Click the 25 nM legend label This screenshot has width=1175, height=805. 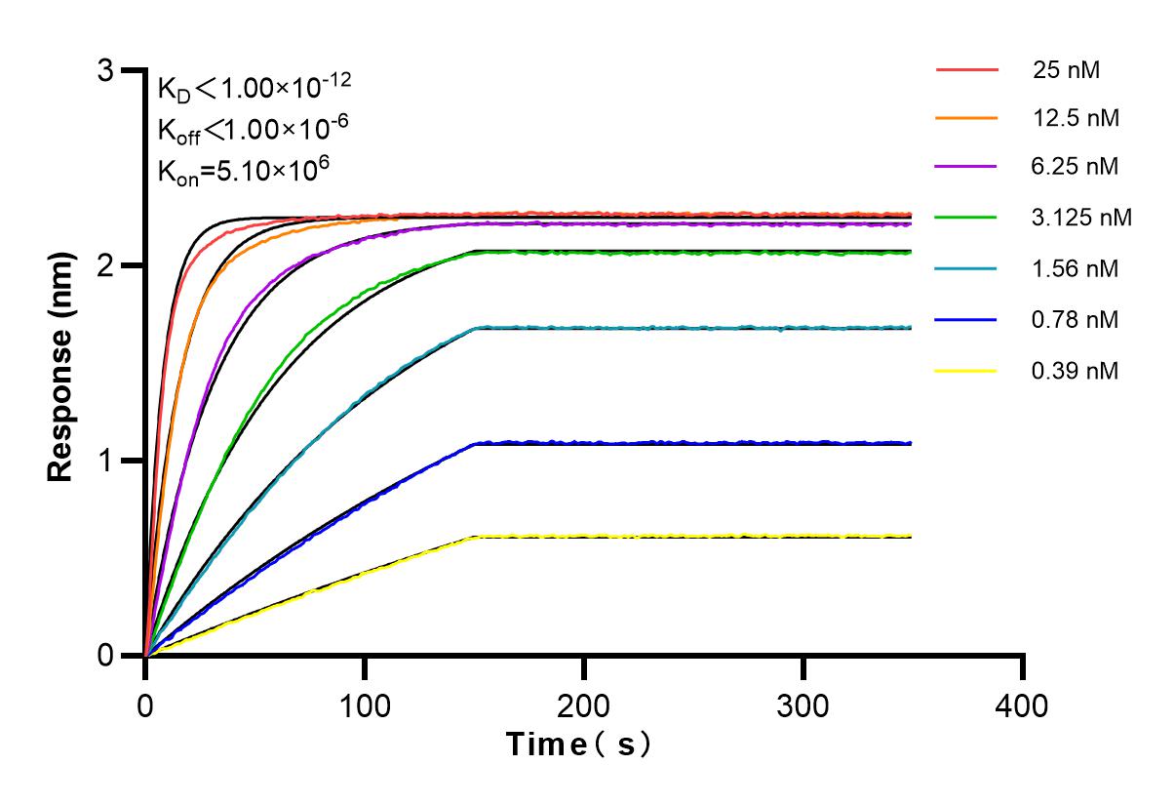[1071, 69]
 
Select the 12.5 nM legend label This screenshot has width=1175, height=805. [1077, 119]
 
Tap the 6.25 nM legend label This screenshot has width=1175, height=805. [1077, 167]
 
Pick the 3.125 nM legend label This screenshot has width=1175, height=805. [1082, 218]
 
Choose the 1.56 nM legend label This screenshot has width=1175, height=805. [1077, 269]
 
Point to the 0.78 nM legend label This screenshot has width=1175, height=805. [1077, 320]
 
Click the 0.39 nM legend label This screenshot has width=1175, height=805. [1077, 371]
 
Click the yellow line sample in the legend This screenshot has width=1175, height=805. [966, 371]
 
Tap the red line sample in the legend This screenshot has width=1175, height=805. [966, 70]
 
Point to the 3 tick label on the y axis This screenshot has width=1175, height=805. [106, 71]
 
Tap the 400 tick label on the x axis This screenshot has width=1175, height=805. [1023, 704]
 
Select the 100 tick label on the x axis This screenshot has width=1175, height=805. [365, 704]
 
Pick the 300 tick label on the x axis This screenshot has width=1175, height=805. [803, 704]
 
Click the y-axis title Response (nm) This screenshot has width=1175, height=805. [62, 363]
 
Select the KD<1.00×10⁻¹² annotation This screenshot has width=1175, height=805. [255, 89]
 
